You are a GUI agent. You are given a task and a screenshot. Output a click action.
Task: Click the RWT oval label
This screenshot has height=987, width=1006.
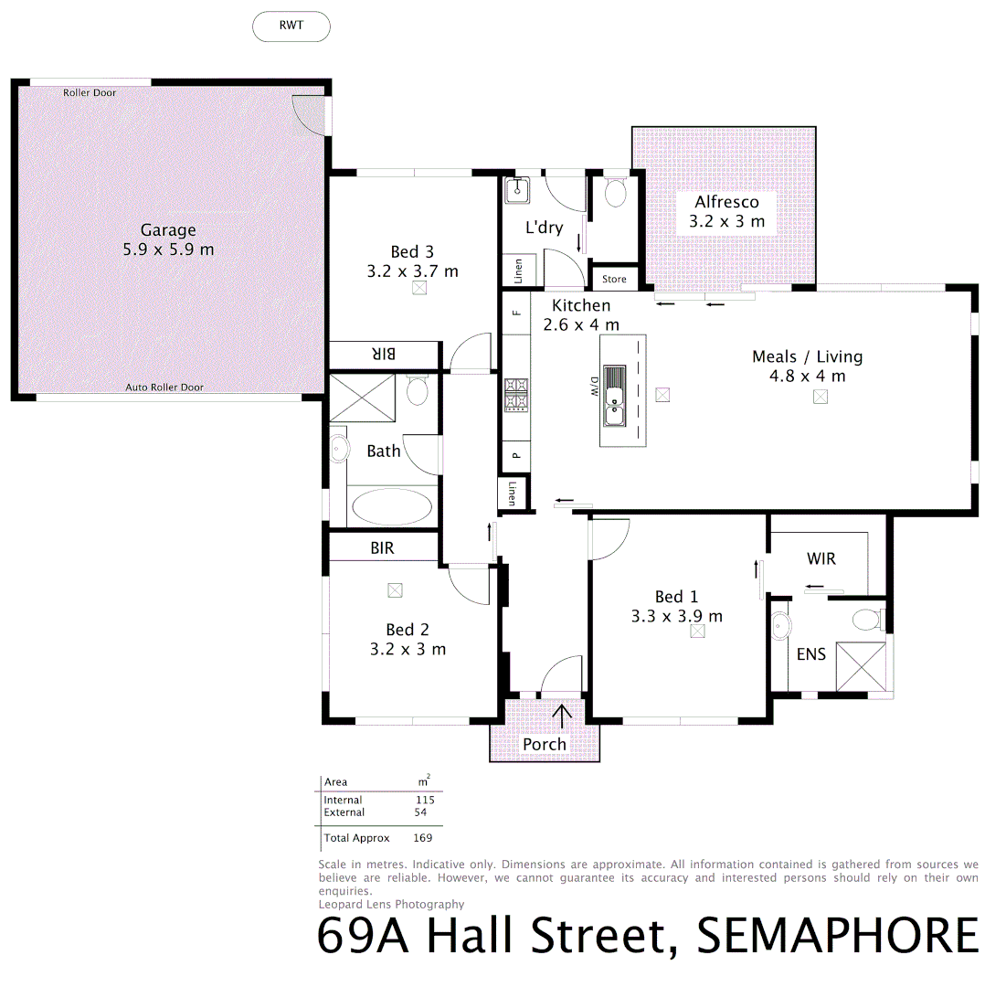(x=291, y=27)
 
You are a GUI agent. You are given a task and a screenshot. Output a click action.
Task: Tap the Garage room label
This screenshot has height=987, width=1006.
(x=168, y=239)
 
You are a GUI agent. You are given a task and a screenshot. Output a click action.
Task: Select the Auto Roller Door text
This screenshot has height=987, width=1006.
(x=164, y=387)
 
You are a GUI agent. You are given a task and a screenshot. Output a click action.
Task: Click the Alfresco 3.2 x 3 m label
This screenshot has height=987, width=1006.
(x=727, y=211)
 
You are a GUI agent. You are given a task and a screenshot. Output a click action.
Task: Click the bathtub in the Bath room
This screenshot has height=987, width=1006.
(x=392, y=506)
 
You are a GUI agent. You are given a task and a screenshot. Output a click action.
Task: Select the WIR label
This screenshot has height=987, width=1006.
(x=821, y=558)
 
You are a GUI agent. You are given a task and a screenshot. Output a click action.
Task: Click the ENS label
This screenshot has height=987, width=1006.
(x=810, y=654)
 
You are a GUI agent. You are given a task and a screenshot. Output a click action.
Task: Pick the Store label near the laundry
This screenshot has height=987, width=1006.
(x=614, y=280)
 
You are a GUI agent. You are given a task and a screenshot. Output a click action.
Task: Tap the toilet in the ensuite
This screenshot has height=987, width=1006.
(x=863, y=621)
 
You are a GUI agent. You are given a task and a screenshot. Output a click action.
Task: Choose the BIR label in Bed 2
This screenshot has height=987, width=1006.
(x=382, y=548)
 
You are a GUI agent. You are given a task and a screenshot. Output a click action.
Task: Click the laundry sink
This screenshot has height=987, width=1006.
(x=518, y=190)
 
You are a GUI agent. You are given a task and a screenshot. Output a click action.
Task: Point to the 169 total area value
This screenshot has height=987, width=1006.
(x=422, y=838)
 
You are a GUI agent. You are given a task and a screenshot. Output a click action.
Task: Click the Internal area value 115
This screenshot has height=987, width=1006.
(x=424, y=800)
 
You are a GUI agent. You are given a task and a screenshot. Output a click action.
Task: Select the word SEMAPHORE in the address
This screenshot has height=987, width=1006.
(x=837, y=937)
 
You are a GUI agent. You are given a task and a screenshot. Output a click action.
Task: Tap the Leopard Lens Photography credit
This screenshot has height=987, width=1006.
(x=391, y=904)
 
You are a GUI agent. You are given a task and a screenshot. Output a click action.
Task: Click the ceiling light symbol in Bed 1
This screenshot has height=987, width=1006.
(x=697, y=631)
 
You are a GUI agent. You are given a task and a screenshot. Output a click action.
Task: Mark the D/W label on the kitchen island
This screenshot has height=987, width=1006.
(x=592, y=387)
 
